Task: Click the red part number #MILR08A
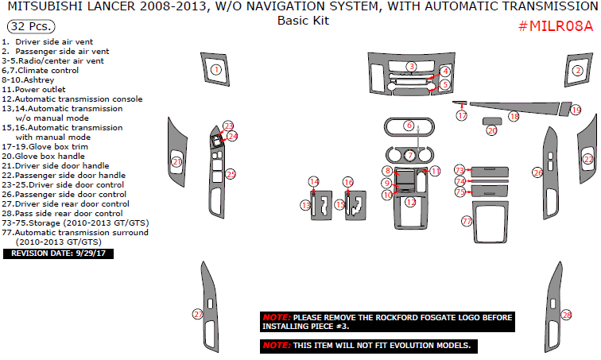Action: click(556, 26)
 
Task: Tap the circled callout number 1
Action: click(215, 70)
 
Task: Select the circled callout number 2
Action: click(578, 70)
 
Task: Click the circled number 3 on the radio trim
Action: click(412, 66)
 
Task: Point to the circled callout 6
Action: click(409, 126)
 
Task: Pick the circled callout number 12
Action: click(410, 202)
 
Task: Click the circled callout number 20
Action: click(491, 130)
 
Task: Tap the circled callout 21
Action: click(177, 162)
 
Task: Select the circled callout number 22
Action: click(588, 160)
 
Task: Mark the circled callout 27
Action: click(198, 315)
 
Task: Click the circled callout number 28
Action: click(566, 315)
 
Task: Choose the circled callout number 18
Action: click(514, 117)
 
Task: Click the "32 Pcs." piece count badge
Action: click(28, 26)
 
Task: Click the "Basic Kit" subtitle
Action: click(303, 21)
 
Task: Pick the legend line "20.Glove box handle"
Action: click(45, 157)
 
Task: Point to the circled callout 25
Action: click(231, 174)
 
